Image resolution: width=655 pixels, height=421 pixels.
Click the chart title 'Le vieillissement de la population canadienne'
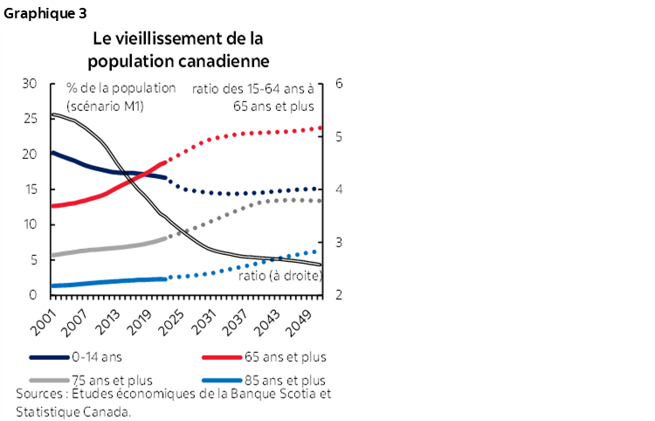coord(177,51)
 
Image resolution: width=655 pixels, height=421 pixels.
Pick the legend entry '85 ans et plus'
coord(284,380)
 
